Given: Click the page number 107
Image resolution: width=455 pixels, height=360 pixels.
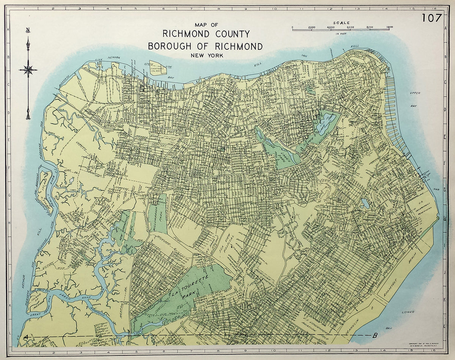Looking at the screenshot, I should point(431,18).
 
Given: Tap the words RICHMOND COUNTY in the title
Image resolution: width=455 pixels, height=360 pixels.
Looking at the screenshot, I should point(206,34).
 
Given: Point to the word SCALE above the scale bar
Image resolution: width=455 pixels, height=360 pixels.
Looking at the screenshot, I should point(341,23).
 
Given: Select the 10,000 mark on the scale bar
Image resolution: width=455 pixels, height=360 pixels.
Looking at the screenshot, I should point(390,27).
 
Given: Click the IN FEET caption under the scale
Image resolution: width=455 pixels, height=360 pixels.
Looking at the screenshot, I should point(341,34).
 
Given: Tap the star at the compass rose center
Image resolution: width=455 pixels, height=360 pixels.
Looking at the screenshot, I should point(28,69).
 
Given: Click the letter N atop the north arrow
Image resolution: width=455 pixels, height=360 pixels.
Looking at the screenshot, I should point(28,31).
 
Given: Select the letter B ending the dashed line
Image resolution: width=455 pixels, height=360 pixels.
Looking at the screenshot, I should point(375,335).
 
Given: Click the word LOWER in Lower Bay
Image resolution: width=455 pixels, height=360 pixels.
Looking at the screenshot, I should point(408,312).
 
